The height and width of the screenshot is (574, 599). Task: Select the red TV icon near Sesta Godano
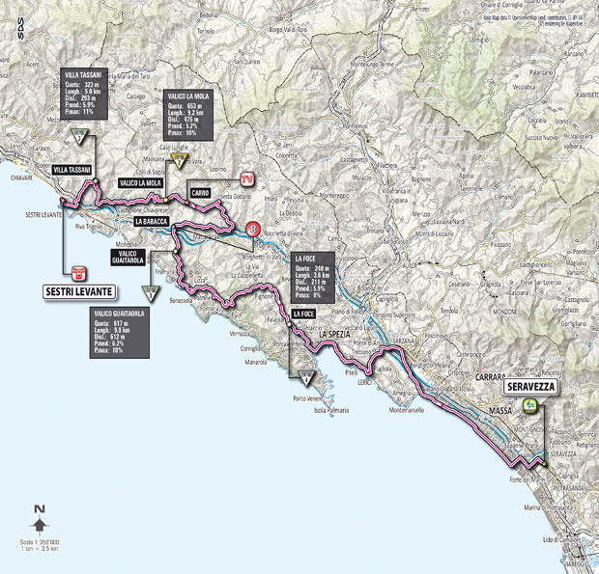click(x=248, y=178)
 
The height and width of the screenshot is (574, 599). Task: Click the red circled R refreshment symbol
click(x=253, y=229)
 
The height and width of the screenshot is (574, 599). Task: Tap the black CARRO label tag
click(x=201, y=193)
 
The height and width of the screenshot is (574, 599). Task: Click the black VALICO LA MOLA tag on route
click(x=140, y=181)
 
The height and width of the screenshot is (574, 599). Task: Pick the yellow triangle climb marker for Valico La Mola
click(x=178, y=161)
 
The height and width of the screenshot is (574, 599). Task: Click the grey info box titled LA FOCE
click(x=313, y=277)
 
